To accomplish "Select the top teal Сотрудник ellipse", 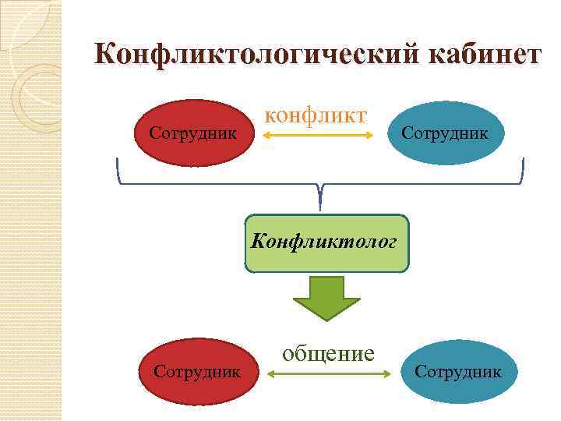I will tap(445, 134).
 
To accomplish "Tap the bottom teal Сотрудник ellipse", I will tap(458, 371).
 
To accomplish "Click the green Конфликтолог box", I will tap(326, 243).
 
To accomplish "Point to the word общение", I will tap(328, 353).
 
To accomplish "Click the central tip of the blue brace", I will tap(320, 206).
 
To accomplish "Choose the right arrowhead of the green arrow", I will tap(386, 374).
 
